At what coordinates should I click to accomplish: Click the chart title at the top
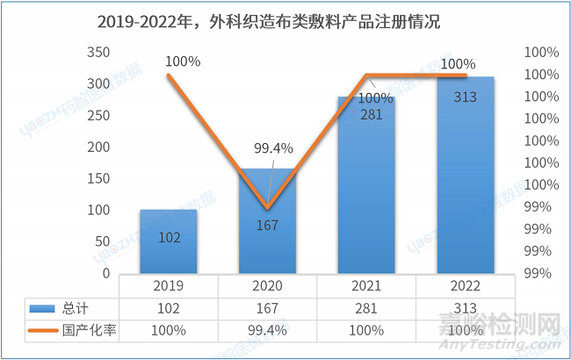click(x=285, y=22)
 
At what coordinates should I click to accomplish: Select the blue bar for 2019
click(x=168, y=241)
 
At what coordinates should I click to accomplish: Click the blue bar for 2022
click(x=466, y=176)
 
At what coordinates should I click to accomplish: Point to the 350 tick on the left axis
click(x=99, y=53)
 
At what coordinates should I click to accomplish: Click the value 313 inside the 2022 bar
click(x=466, y=97)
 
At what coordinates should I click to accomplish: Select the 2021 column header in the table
click(x=366, y=286)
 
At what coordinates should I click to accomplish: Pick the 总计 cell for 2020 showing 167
click(x=267, y=308)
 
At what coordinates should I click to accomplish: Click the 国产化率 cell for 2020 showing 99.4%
click(x=267, y=330)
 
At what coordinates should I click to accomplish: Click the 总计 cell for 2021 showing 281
click(x=366, y=308)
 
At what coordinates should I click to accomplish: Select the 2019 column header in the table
click(x=168, y=286)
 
